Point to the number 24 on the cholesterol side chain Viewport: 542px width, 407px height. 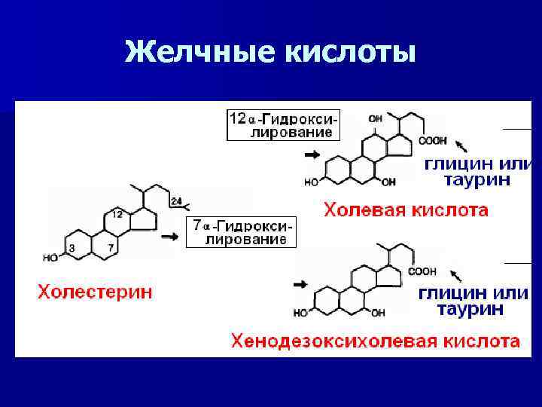175,200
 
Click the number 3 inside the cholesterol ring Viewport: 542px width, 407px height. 72,248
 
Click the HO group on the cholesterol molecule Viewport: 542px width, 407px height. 50,258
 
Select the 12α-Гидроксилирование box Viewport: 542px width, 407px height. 284,125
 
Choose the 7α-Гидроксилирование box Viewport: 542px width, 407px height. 241,233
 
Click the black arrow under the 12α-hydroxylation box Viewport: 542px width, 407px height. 309,155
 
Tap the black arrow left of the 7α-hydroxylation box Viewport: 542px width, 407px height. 172,237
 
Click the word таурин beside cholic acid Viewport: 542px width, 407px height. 477,180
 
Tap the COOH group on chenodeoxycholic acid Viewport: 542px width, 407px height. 422,271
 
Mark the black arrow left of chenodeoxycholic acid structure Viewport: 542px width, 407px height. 300,284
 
